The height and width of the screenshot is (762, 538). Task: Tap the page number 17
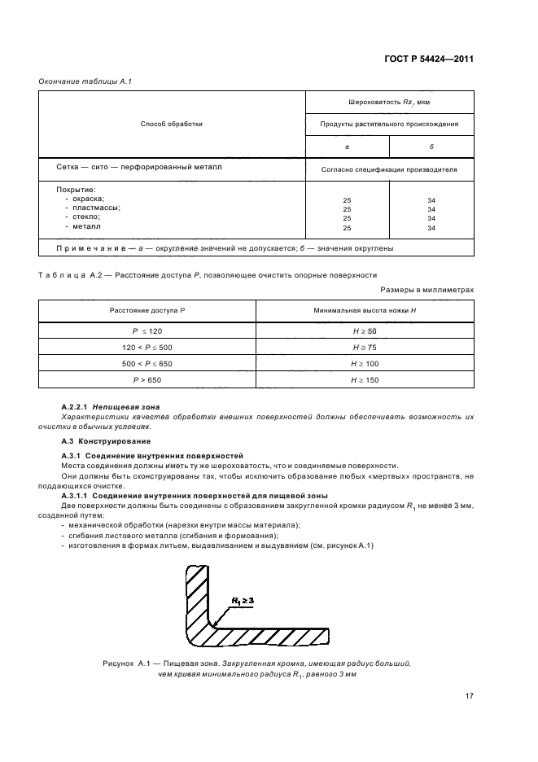[x=470, y=695]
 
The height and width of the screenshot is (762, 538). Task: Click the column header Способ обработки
[x=172, y=124]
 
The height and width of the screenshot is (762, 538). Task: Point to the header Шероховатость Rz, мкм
[x=389, y=103]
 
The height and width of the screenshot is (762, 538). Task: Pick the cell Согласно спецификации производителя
[x=389, y=170]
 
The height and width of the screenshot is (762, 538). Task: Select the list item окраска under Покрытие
[x=85, y=199]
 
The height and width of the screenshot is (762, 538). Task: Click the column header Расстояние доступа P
[x=148, y=311]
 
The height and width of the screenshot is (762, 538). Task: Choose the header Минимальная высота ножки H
[x=365, y=311]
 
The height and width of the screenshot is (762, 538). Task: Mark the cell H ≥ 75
[x=365, y=346]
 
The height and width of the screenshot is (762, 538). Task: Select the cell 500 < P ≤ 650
[x=148, y=363]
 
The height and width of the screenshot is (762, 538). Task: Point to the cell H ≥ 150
[x=365, y=379]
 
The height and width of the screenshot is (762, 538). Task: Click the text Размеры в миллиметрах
[x=426, y=289]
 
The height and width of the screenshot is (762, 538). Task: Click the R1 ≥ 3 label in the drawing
[x=243, y=600]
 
